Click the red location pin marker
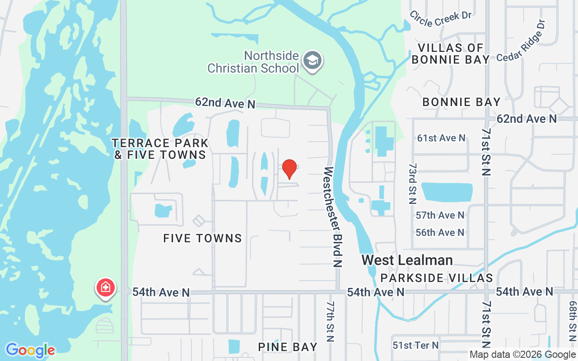click(x=289, y=169)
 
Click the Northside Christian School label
click(x=253, y=62)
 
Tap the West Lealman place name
click(x=407, y=260)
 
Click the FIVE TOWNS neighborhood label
click(x=203, y=238)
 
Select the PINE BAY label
click(x=288, y=347)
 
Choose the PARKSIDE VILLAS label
click(x=436, y=278)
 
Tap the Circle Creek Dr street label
click(x=440, y=19)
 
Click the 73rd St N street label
click(x=412, y=184)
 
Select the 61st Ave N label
click(x=441, y=138)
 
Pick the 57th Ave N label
click(x=440, y=215)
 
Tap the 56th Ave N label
click(x=440, y=232)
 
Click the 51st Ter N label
click(x=415, y=345)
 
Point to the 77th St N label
click(x=331, y=321)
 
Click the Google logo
click(x=30, y=350)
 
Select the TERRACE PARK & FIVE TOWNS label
click(x=160, y=149)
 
